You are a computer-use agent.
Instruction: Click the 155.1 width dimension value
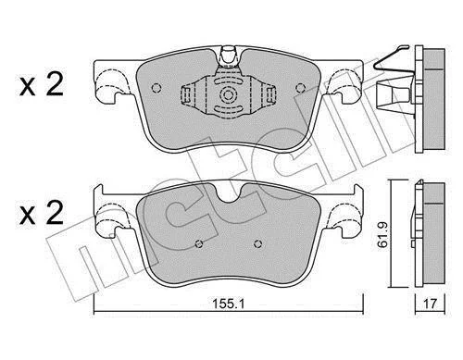point(228,304)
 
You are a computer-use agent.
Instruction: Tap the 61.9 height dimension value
point(383,235)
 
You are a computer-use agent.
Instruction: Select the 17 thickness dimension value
point(430,304)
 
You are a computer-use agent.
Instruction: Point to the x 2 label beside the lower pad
point(42,213)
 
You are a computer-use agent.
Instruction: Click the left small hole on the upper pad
point(156,88)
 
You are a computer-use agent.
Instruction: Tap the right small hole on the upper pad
point(300,89)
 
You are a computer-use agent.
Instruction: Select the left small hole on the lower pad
point(199,244)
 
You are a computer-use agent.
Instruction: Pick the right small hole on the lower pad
point(257,244)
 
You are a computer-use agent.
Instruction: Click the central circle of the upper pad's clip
point(228,94)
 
